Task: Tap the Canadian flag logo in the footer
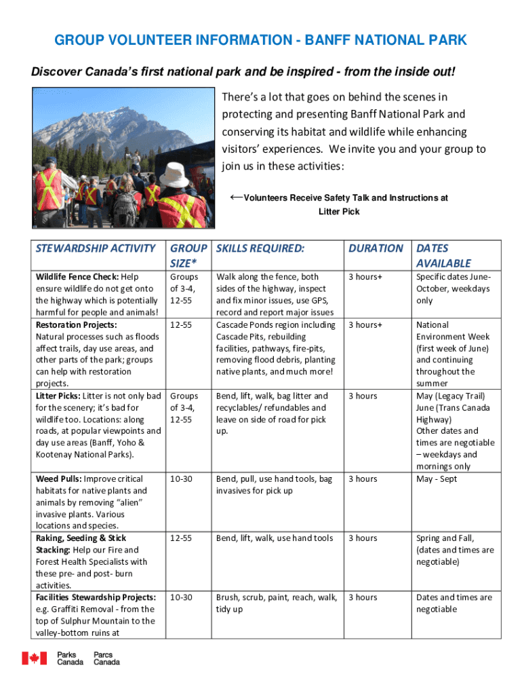coord(34,658)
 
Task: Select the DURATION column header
coord(376,248)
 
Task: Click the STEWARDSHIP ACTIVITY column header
coord(96,248)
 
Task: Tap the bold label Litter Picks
coord(56,396)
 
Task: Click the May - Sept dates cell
coord(437,479)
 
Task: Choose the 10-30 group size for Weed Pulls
coord(181,479)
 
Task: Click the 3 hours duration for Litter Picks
coord(363,396)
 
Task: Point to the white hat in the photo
coord(174,175)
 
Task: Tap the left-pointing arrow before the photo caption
coord(236,197)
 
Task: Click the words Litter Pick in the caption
coord(339,212)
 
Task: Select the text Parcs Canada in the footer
coord(106,658)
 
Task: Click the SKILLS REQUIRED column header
coord(260,248)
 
